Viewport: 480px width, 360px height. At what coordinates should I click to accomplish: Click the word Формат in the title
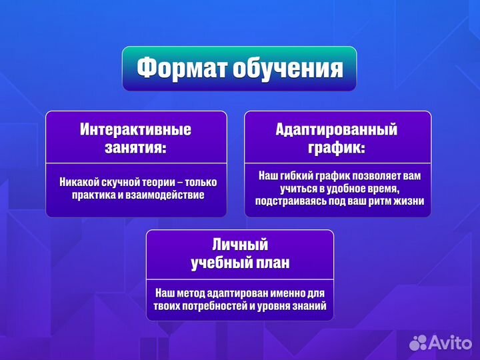(181, 68)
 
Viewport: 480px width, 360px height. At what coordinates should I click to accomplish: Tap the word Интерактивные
(136, 129)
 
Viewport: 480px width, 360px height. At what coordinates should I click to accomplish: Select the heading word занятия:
(136, 147)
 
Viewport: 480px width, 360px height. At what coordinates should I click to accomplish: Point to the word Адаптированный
(337, 129)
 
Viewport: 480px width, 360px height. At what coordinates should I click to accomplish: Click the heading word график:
(337, 147)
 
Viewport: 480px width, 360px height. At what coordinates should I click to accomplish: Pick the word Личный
(239, 245)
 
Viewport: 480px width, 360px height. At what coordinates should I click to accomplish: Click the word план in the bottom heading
(273, 263)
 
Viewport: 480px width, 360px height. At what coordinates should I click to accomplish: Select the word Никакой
(80, 182)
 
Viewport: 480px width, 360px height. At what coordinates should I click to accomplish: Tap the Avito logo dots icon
(418, 343)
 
